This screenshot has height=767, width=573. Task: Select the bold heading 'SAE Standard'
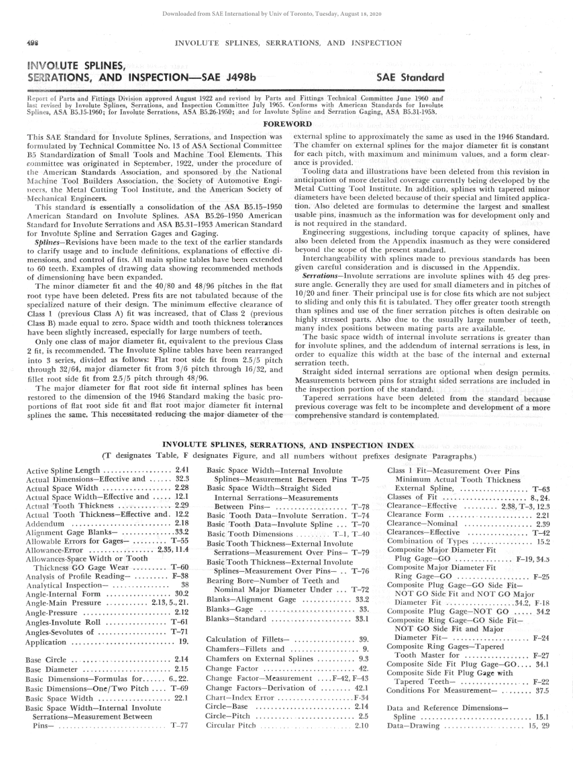point(410,77)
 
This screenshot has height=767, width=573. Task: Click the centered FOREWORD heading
point(288,124)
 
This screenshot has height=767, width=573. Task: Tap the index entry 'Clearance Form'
point(418,515)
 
